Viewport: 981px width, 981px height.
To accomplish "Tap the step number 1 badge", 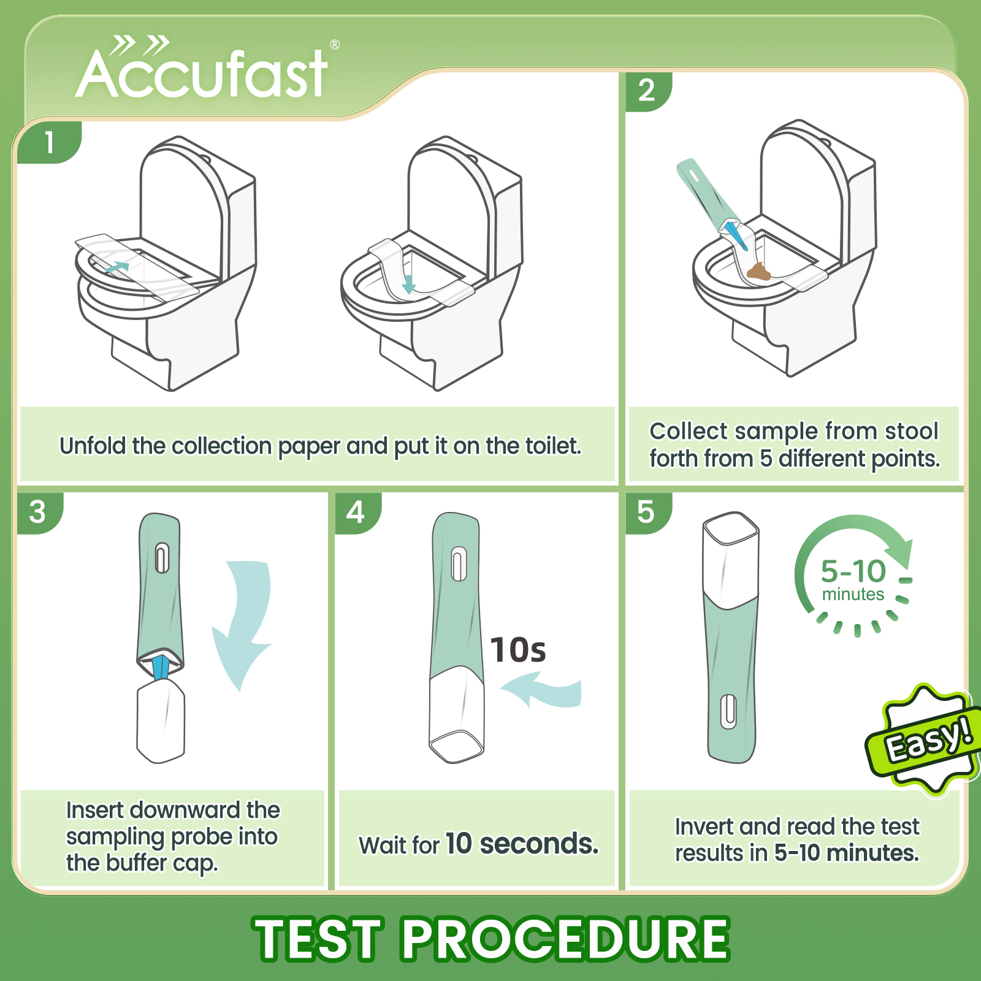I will [49, 142].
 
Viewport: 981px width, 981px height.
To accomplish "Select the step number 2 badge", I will [646, 91].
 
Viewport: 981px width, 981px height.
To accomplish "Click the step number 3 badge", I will [37, 512].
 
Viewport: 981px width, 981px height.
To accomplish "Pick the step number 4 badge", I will [356, 512].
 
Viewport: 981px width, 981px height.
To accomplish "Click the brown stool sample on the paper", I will [759, 272].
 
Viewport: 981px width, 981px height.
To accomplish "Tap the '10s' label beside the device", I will [518, 650].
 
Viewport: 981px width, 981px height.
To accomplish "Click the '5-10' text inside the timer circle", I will [853, 571].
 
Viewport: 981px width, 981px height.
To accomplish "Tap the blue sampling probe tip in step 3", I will [161, 667].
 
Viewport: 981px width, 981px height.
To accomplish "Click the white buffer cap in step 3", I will [161, 723].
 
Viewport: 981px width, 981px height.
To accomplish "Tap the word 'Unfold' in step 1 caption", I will [93, 446].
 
